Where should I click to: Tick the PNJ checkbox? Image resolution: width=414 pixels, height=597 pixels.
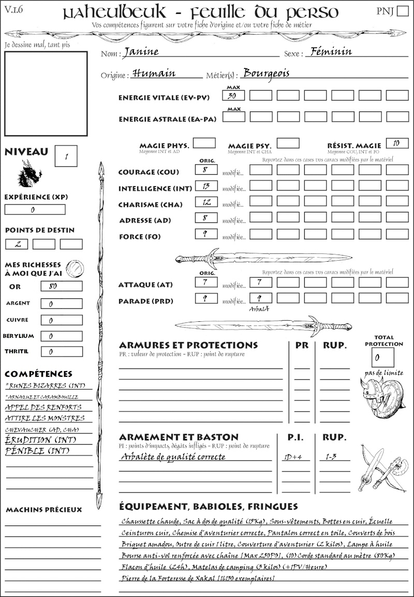(402, 11)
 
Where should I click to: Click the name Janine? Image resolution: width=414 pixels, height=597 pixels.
(141, 52)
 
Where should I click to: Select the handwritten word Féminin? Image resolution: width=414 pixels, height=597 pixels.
(329, 51)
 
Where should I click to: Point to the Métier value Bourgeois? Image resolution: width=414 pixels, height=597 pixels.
(266, 73)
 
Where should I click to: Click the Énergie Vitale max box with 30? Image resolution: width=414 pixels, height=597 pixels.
(233, 95)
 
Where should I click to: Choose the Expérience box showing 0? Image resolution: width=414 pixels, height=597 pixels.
(35, 210)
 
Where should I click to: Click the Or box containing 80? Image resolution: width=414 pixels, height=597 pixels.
(61, 286)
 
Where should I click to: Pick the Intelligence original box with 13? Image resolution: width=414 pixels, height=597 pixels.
(205, 186)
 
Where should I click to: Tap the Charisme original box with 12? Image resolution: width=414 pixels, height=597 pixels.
(205, 202)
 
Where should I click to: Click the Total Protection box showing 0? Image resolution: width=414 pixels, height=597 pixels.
(383, 357)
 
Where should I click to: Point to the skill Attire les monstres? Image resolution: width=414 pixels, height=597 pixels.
(45, 418)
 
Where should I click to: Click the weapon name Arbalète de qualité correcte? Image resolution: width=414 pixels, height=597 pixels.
(173, 457)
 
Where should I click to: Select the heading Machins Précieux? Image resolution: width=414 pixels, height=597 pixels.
(43, 510)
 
